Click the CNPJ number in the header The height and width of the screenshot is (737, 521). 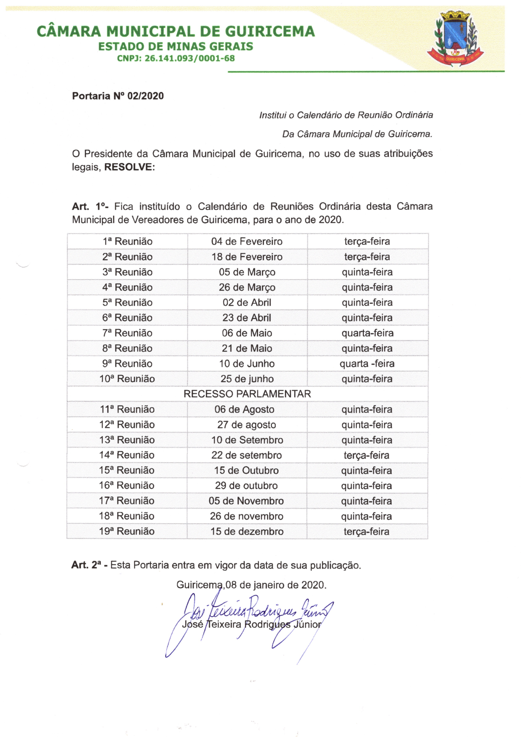pos(176,58)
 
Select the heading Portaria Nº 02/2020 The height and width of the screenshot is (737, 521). pos(118,96)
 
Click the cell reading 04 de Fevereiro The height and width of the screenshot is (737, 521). pos(247,241)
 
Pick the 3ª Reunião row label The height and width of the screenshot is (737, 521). pos(127,272)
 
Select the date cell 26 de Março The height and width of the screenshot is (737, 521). pos(247,287)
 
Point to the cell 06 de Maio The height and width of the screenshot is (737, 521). pos(247,333)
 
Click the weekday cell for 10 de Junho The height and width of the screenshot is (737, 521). pos(367,363)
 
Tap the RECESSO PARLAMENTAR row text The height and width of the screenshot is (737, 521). pos(247,394)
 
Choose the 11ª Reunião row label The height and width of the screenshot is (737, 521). pos(127,409)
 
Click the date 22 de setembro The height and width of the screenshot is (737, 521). pos(246,455)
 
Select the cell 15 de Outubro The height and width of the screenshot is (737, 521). pos(246,470)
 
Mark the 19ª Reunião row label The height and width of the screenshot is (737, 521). pos(127,531)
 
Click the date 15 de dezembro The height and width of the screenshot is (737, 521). pos(247,531)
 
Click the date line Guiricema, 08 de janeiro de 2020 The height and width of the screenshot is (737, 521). pos(251,585)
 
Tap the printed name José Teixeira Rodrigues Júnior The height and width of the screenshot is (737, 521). pos(251,624)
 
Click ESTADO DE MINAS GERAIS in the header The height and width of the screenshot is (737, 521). pos(175,47)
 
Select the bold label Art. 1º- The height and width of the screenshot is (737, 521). pos(90,206)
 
